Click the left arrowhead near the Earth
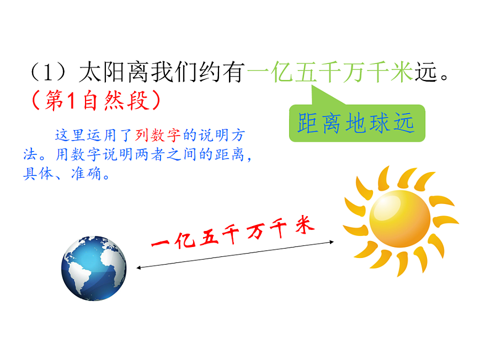pos(139,268)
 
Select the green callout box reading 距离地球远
pos(357,123)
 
